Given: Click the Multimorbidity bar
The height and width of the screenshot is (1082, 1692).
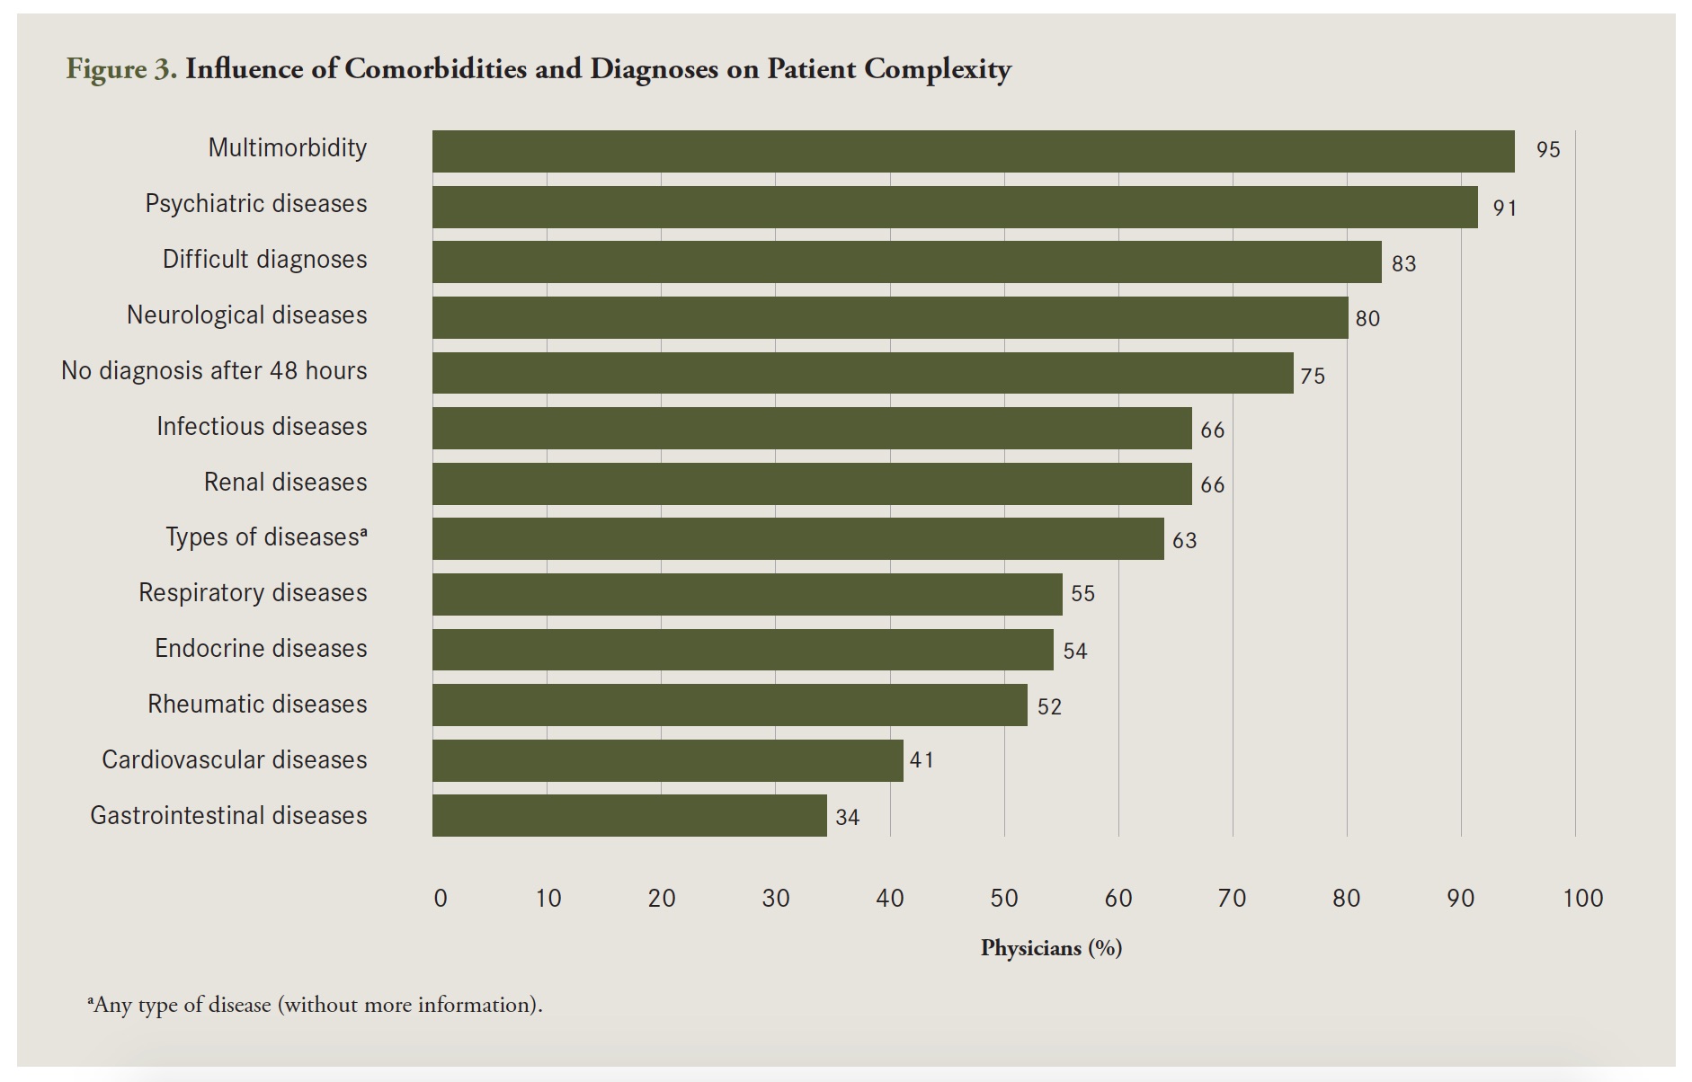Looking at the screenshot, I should pyautogui.click(x=973, y=151).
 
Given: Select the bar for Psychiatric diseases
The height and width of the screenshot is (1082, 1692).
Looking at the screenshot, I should pyautogui.click(x=955, y=207).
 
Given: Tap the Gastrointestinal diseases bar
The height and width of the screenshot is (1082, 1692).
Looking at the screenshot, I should pyautogui.click(x=629, y=815).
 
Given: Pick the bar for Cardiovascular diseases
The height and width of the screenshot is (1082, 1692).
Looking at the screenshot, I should pyautogui.click(x=667, y=760).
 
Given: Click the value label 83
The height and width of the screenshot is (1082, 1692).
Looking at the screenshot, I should pyautogui.click(x=1403, y=264).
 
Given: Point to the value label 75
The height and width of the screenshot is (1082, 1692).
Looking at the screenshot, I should pyautogui.click(x=1313, y=377).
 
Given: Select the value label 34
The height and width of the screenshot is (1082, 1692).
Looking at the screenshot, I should pyautogui.click(x=847, y=818).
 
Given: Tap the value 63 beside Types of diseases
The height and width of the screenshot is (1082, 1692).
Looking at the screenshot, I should pyautogui.click(x=1184, y=541).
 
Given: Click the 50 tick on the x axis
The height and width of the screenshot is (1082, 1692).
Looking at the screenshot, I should pyautogui.click(x=1004, y=898).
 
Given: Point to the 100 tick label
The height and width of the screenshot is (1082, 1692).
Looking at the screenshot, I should pyautogui.click(x=1582, y=898).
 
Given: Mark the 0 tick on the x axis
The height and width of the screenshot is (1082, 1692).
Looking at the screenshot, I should pyautogui.click(x=441, y=898).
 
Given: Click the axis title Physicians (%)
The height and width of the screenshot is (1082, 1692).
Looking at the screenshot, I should pyautogui.click(x=1051, y=948).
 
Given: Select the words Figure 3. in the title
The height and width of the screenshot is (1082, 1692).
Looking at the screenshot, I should pyautogui.click(x=121, y=69).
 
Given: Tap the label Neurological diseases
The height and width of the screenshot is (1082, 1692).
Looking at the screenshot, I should pyautogui.click(x=247, y=315).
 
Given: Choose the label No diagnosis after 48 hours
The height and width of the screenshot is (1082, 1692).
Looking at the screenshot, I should pyautogui.click(x=214, y=371).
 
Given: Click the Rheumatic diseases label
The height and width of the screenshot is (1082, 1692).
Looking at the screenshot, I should pyautogui.click(x=257, y=705).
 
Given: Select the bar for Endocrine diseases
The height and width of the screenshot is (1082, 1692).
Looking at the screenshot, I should pyautogui.click(x=743, y=650).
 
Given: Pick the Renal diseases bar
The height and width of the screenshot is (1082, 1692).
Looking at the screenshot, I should pyautogui.click(x=812, y=483).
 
